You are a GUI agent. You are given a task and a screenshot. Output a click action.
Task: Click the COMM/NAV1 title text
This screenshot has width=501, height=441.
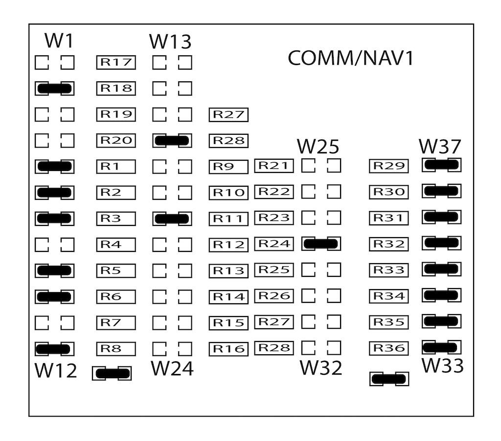350,58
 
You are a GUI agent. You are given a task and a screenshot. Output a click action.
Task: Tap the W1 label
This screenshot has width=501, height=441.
59,41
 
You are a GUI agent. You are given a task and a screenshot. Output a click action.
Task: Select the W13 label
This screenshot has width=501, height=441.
170,42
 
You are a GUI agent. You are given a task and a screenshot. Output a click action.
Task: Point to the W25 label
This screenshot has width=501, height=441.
318,147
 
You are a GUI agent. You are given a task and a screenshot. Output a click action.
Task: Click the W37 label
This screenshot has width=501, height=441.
440,147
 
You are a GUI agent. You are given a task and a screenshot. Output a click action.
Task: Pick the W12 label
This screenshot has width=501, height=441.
56,371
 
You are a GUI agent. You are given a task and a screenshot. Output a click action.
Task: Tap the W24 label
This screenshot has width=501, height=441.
172,368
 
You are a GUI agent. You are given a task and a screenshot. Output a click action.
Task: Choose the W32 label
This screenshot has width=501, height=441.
321,368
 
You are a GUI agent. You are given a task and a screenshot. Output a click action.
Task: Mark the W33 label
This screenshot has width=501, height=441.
442,366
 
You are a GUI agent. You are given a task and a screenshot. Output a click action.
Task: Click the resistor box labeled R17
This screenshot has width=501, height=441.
115,62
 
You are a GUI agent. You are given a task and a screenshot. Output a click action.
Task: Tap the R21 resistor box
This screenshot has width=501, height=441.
273,166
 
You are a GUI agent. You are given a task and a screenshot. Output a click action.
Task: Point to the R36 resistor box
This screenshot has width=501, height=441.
389,348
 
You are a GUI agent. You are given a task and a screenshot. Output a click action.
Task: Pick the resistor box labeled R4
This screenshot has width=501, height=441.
115,244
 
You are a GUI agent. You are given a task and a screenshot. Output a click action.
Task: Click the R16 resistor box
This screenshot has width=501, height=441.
228,348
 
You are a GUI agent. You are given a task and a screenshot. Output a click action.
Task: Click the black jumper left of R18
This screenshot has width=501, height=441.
54,88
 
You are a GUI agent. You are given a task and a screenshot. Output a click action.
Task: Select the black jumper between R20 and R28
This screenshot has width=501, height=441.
172,141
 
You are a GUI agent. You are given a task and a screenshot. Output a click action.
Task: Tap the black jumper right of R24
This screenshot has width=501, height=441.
321,244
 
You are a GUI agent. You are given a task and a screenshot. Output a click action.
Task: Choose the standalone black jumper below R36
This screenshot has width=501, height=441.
389,379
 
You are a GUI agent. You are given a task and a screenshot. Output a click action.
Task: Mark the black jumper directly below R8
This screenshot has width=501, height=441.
112,373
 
